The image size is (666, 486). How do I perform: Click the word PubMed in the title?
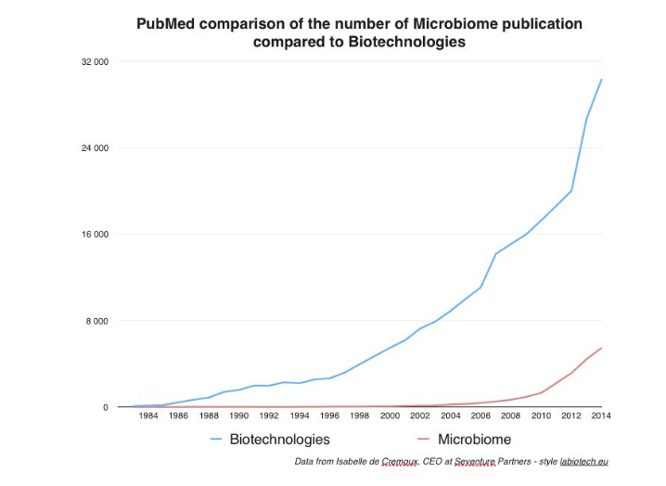(x=166, y=24)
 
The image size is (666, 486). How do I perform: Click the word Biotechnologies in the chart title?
(x=409, y=43)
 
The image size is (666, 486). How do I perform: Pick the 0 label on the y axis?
(x=105, y=407)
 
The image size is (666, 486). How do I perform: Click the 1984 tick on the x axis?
(x=147, y=416)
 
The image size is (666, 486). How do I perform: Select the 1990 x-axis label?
(x=238, y=416)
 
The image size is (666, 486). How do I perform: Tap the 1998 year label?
(x=359, y=416)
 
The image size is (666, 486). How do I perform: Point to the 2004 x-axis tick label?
(x=450, y=416)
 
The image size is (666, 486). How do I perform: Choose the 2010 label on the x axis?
(x=541, y=416)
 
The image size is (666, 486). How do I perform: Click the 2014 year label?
(x=601, y=416)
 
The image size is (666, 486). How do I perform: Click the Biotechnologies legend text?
(x=279, y=439)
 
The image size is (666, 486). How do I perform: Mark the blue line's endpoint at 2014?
(x=602, y=80)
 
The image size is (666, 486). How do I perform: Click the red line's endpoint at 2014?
(x=602, y=348)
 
